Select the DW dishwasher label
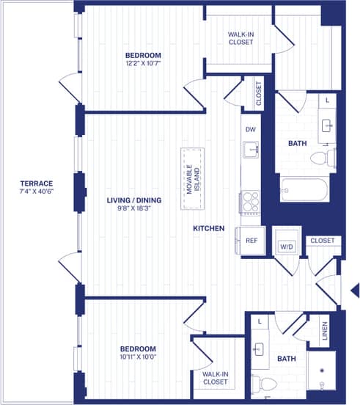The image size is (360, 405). [251, 130]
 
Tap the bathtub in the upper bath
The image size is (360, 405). [304, 189]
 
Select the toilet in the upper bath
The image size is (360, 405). [320, 157]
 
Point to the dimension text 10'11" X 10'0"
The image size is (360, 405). [138, 358]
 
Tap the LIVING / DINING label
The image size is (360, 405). [134, 200]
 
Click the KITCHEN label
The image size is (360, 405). [208, 229]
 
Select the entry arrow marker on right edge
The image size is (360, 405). [353, 288]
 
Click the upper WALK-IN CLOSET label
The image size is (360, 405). [240, 38]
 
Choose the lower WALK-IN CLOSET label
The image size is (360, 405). [216, 378]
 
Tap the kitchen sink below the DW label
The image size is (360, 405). [251, 150]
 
